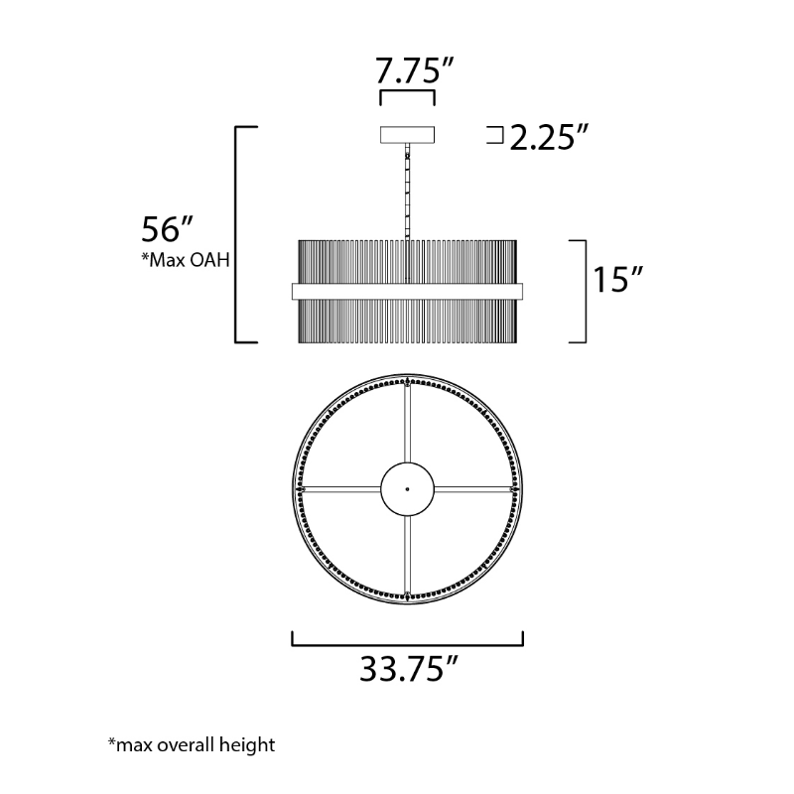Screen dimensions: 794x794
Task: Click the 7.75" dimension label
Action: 414,70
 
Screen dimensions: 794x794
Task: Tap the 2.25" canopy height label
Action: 550,137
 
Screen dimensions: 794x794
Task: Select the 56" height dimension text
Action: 167,229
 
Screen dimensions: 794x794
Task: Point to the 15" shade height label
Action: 617,280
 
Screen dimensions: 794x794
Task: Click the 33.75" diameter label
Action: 409,669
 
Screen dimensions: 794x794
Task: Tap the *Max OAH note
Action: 186,260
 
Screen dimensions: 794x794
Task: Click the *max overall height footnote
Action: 192,745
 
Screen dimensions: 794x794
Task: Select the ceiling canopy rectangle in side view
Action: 408,135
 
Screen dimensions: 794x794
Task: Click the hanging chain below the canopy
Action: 408,192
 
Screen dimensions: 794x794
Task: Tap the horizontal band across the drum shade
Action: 408,291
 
